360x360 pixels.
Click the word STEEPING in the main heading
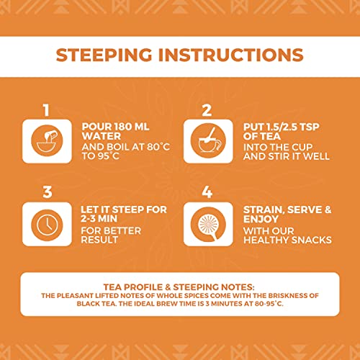[x=104, y=55]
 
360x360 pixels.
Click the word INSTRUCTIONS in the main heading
[x=231, y=55]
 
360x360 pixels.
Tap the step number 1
[x=46, y=110]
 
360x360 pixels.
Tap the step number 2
[x=207, y=110]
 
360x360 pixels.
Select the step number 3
[x=48, y=192]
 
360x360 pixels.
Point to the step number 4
[x=207, y=192]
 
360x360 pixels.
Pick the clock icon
[x=47, y=225]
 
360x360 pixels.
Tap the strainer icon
[x=208, y=225]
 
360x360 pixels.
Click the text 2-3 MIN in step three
[x=99, y=219]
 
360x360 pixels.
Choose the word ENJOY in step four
[x=261, y=219]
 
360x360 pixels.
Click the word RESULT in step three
[x=99, y=240]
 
